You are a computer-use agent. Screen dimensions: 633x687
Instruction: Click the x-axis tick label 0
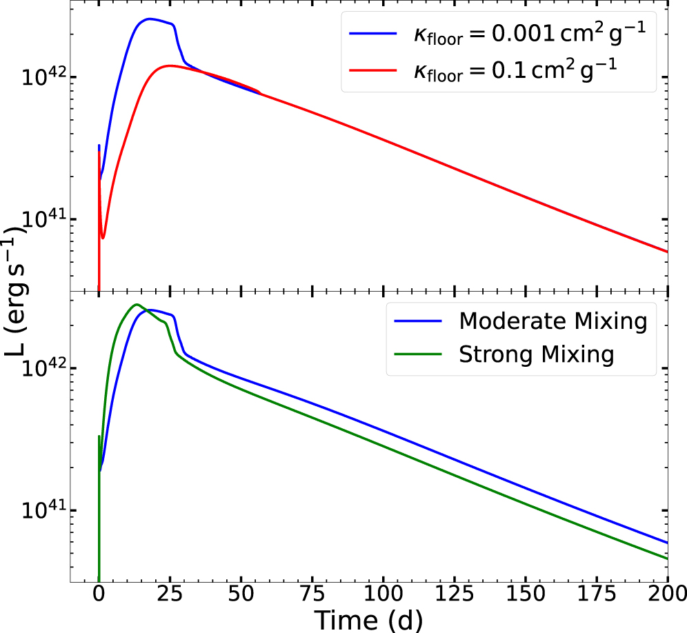point(99,594)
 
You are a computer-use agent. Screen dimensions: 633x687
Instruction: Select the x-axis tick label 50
point(241,594)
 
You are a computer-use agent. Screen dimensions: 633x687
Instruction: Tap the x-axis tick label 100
point(383,594)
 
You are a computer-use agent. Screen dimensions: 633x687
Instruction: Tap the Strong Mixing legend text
point(536,354)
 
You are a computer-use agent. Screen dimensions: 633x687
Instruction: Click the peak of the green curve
point(137,304)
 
